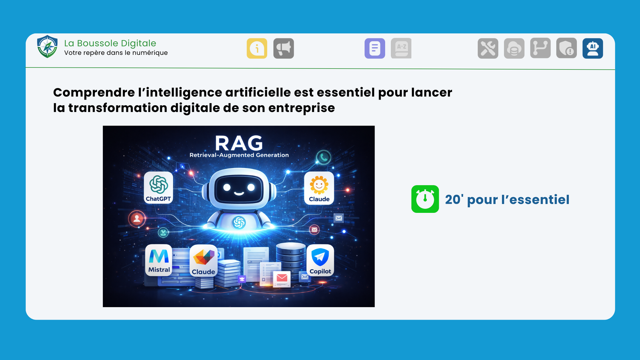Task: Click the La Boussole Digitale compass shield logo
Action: click(x=47, y=47)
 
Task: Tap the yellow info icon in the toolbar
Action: click(x=257, y=48)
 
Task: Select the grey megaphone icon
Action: click(x=284, y=48)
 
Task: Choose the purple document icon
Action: click(x=375, y=48)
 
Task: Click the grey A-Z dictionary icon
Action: click(x=401, y=48)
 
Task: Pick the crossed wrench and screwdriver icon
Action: click(x=488, y=48)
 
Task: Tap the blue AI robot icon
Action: click(x=593, y=48)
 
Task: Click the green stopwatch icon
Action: click(x=425, y=199)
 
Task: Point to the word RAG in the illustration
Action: click(x=239, y=143)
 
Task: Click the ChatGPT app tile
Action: click(x=158, y=188)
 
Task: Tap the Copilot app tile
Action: click(x=320, y=260)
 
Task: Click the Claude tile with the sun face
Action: click(x=319, y=188)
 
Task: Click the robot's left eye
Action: click(x=227, y=187)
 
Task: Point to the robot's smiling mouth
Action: click(x=239, y=194)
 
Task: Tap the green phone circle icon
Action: click(x=323, y=158)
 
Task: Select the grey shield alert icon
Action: click(x=566, y=48)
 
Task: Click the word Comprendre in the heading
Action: click(x=94, y=93)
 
